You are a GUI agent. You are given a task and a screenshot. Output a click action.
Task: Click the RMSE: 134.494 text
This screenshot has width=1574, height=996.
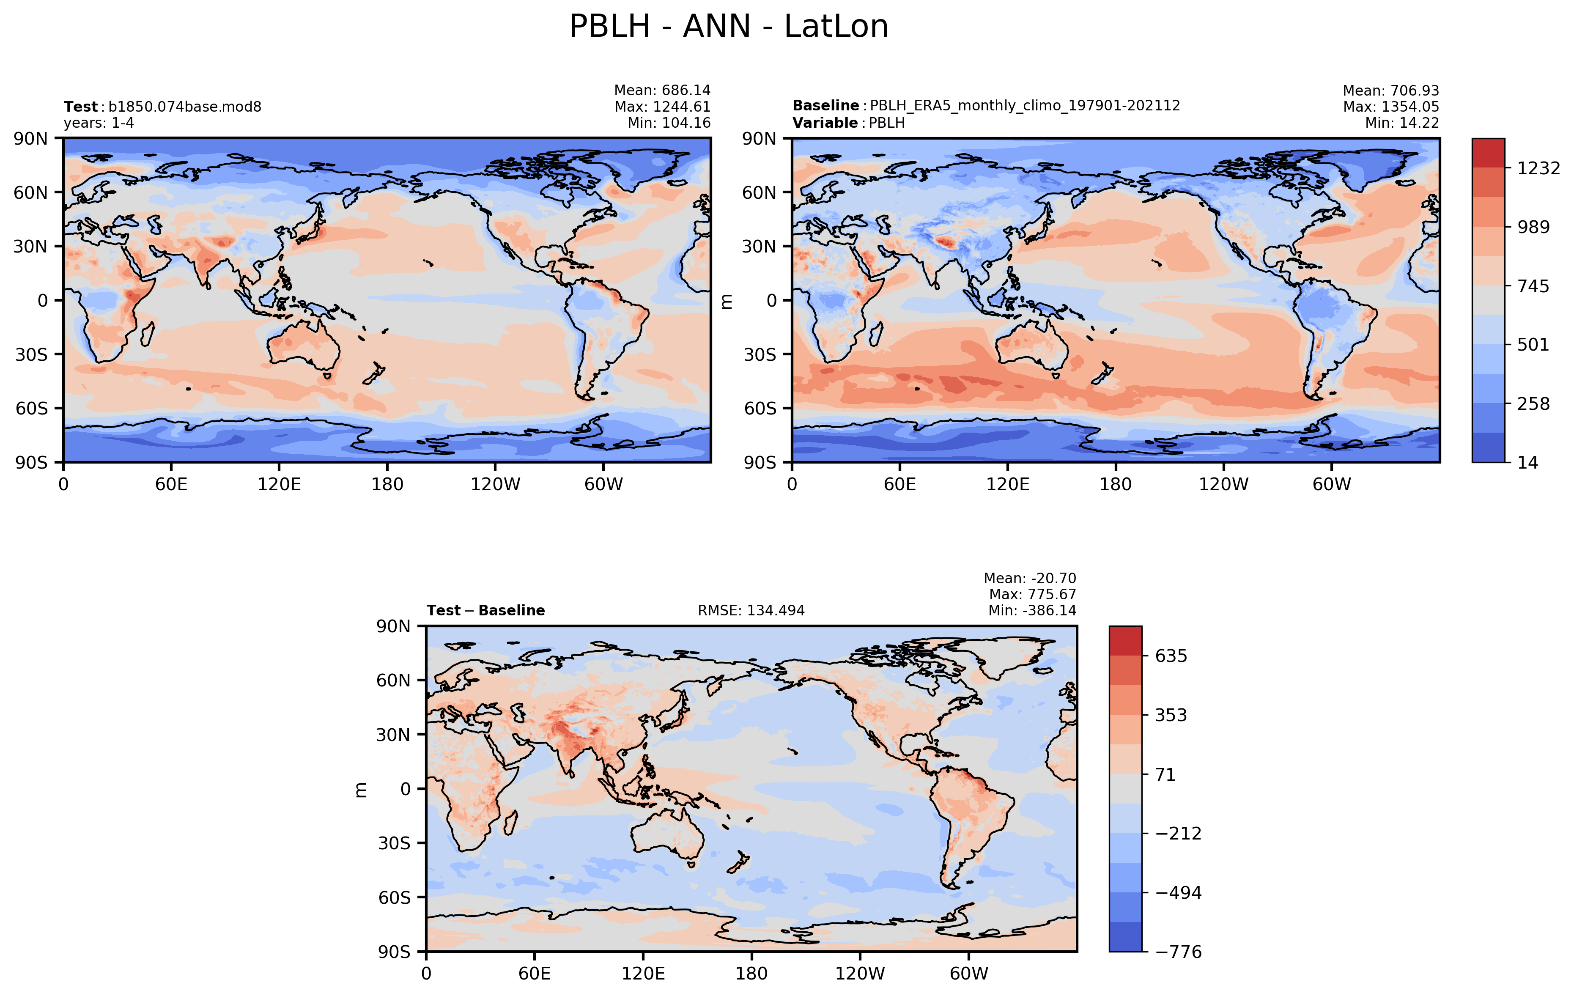pos(751,610)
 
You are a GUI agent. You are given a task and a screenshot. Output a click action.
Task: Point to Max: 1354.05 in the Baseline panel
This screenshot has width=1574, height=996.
pos(1390,107)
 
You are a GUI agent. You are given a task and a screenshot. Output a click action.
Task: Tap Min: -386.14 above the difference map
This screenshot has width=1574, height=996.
pos(1031,610)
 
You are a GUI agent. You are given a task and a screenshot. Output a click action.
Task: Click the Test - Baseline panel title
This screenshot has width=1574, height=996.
pos(485,610)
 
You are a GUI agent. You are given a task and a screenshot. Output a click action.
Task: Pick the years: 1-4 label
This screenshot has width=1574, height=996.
pos(99,123)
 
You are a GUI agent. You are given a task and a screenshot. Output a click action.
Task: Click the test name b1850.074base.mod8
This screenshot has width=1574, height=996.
pos(184,107)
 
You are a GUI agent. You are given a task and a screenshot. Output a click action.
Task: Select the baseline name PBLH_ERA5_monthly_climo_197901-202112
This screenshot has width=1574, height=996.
pos(1024,106)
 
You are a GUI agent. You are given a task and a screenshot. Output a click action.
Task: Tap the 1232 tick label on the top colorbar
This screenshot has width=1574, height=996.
pos(1538,169)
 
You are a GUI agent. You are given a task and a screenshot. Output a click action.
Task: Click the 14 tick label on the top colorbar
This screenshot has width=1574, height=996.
pos(1527,463)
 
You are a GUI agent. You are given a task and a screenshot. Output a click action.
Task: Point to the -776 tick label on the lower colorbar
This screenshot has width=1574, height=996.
pos(1178,952)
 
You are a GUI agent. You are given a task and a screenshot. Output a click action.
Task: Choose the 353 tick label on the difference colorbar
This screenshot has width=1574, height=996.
pos(1170,715)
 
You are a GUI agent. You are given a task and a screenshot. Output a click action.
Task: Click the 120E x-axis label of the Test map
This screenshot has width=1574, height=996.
pos(279,484)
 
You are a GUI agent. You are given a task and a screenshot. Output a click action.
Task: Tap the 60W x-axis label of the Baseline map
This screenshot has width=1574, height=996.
pos(1332,484)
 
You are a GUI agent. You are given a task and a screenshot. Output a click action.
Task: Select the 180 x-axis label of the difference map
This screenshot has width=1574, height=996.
pos(751,974)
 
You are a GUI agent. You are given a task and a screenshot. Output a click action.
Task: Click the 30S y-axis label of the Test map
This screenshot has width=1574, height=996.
pos(31,354)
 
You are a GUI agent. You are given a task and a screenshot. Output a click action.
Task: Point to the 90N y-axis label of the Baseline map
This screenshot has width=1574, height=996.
pos(759,139)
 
